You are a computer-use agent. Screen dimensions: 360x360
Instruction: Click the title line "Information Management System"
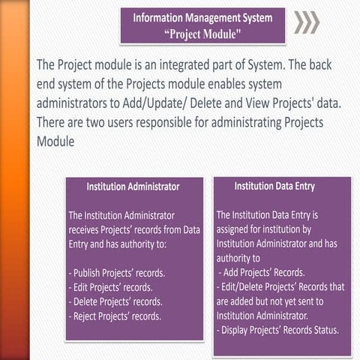point(202,16)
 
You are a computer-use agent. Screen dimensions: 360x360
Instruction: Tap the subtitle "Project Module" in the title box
point(202,32)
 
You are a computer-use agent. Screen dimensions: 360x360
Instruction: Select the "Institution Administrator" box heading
point(133,186)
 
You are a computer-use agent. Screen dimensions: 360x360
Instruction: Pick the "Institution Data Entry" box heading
point(274,186)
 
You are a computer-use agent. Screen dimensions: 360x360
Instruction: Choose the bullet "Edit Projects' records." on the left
point(110,286)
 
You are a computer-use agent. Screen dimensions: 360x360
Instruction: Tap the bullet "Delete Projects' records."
point(115,301)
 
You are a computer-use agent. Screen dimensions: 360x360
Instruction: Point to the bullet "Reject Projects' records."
point(115,316)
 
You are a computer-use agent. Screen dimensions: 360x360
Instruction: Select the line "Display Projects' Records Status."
point(277,330)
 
